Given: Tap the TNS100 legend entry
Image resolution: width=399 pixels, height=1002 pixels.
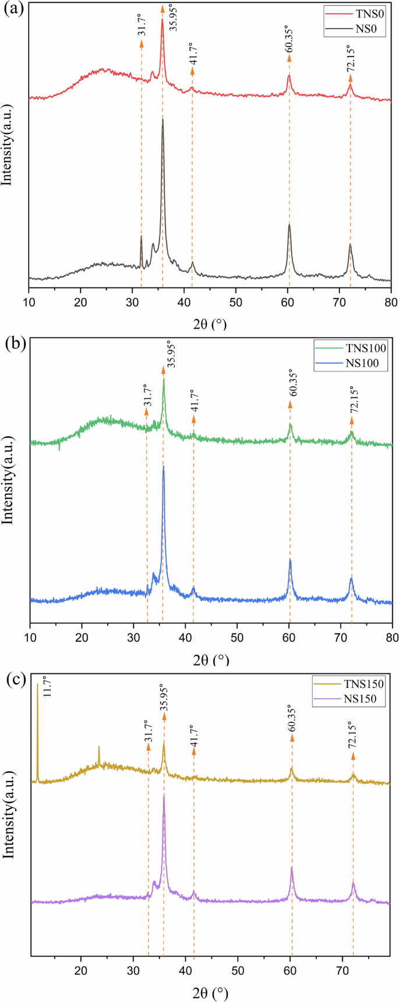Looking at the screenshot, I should coord(366,349).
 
